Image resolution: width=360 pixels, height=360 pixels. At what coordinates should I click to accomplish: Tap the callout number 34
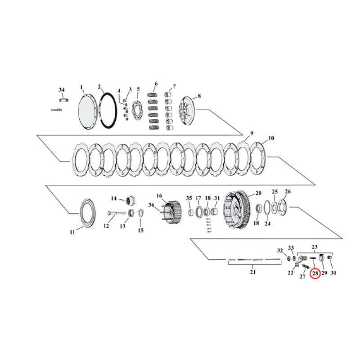pyautogui.click(x=62, y=90)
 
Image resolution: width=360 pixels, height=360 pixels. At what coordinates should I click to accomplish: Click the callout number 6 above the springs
pyautogui.click(x=156, y=84)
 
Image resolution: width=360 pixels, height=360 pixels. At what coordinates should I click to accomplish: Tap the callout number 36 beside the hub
pyautogui.click(x=152, y=206)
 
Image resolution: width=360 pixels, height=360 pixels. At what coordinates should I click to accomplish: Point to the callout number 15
pyautogui.click(x=140, y=230)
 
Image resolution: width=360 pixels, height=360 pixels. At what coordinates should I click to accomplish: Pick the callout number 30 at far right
pyautogui.click(x=333, y=273)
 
